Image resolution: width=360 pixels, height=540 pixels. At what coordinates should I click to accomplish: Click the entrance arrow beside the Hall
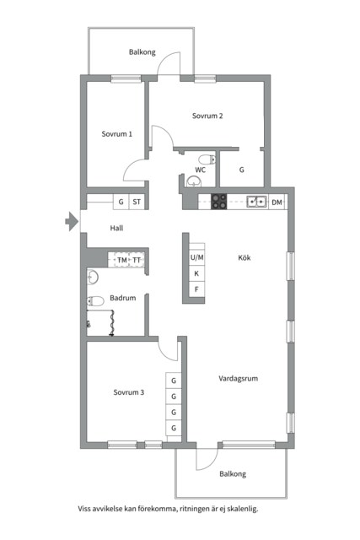(72, 221)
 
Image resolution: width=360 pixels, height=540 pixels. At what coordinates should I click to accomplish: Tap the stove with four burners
(219, 202)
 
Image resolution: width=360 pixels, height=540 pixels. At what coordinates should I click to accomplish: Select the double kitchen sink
(257, 202)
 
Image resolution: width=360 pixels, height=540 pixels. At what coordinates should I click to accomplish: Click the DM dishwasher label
(277, 202)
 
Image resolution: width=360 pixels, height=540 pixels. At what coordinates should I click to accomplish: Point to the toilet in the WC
(207, 159)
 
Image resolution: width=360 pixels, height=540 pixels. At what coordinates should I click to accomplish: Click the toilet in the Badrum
(95, 301)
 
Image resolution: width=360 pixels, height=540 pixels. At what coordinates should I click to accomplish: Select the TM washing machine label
(122, 261)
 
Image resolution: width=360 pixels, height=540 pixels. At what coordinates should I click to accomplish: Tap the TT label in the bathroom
(137, 261)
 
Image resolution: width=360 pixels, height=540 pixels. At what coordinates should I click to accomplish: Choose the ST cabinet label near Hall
(137, 202)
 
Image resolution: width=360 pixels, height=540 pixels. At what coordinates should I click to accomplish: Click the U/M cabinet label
(197, 257)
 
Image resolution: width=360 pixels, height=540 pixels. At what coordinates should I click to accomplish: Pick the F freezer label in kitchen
(196, 289)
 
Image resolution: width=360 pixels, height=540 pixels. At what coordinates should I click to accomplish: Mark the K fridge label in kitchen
(196, 273)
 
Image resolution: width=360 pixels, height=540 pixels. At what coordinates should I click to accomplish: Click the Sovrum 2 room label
(207, 116)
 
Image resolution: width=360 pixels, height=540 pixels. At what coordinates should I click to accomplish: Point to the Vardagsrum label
(238, 379)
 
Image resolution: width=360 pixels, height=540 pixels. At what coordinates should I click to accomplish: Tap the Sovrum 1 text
(116, 134)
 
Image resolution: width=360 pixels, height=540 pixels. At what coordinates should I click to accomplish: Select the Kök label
(244, 257)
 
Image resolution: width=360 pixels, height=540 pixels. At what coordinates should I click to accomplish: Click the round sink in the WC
(194, 181)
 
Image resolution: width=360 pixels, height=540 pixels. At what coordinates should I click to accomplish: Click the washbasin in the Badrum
(93, 278)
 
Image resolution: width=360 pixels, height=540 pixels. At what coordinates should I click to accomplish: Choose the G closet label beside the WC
(242, 170)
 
